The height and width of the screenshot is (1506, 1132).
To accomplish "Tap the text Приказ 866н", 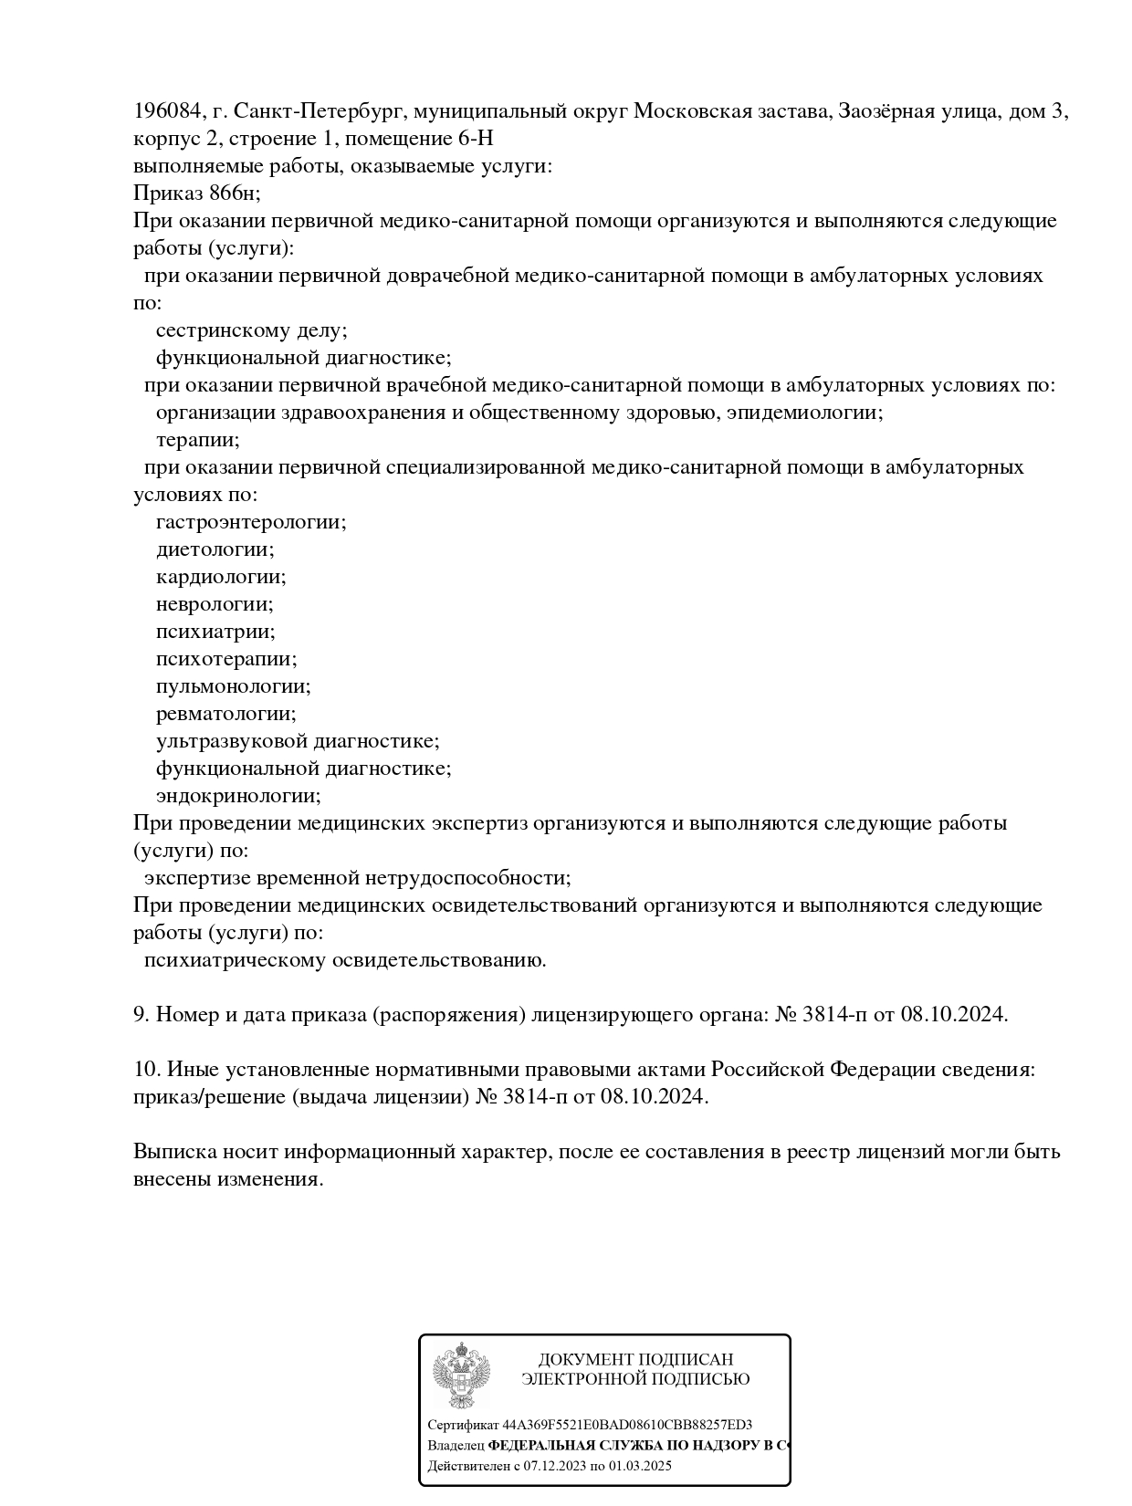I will tap(196, 193).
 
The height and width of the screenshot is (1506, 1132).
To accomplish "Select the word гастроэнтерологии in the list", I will tap(250, 522).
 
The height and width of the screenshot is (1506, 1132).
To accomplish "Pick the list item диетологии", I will tap(215, 549).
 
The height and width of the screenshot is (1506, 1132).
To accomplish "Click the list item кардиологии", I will tap(220, 577).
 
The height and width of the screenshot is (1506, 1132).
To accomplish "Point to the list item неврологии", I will tap(214, 604).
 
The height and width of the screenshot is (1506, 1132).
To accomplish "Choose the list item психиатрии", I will tap(215, 632).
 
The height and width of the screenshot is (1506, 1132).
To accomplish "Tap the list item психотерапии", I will tap(225, 659).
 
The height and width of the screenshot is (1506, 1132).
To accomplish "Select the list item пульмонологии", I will tap(233, 686).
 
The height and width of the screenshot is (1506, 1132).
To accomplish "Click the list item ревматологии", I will tap(225, 714).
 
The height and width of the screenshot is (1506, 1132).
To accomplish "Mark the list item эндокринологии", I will tap(237, 796).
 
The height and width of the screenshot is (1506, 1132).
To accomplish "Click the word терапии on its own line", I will tap(197, 440).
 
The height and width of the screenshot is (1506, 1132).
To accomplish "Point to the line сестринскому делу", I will tap(251, 330).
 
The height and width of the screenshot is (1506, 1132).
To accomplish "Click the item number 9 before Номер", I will tap(141, 1014).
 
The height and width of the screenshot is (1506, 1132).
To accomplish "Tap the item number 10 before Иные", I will tap(146, 1069).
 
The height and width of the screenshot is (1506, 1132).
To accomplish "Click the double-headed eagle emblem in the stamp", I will tap(461, 1377).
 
